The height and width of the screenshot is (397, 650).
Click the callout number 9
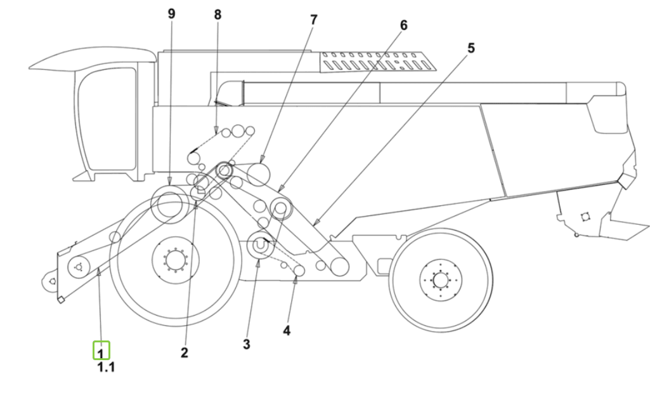point(172,14)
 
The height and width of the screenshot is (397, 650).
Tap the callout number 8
point(218,15)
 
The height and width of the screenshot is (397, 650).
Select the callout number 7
point(313,20)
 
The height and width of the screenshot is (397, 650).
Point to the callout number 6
point(403,25)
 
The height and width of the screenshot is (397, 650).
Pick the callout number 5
point(471,48)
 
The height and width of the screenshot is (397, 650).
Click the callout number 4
point(287,330)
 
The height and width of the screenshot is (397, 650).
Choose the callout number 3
point(247,344)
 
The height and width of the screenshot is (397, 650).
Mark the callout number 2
point(185,353)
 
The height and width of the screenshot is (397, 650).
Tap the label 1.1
point(106,367)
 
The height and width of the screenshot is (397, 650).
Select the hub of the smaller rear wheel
point(440,280)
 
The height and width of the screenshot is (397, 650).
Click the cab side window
point(108,119)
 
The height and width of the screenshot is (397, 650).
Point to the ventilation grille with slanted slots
point(378,62)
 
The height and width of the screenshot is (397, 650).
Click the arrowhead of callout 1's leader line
point(99,272)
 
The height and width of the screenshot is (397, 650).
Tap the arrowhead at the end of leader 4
point(295,281)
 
